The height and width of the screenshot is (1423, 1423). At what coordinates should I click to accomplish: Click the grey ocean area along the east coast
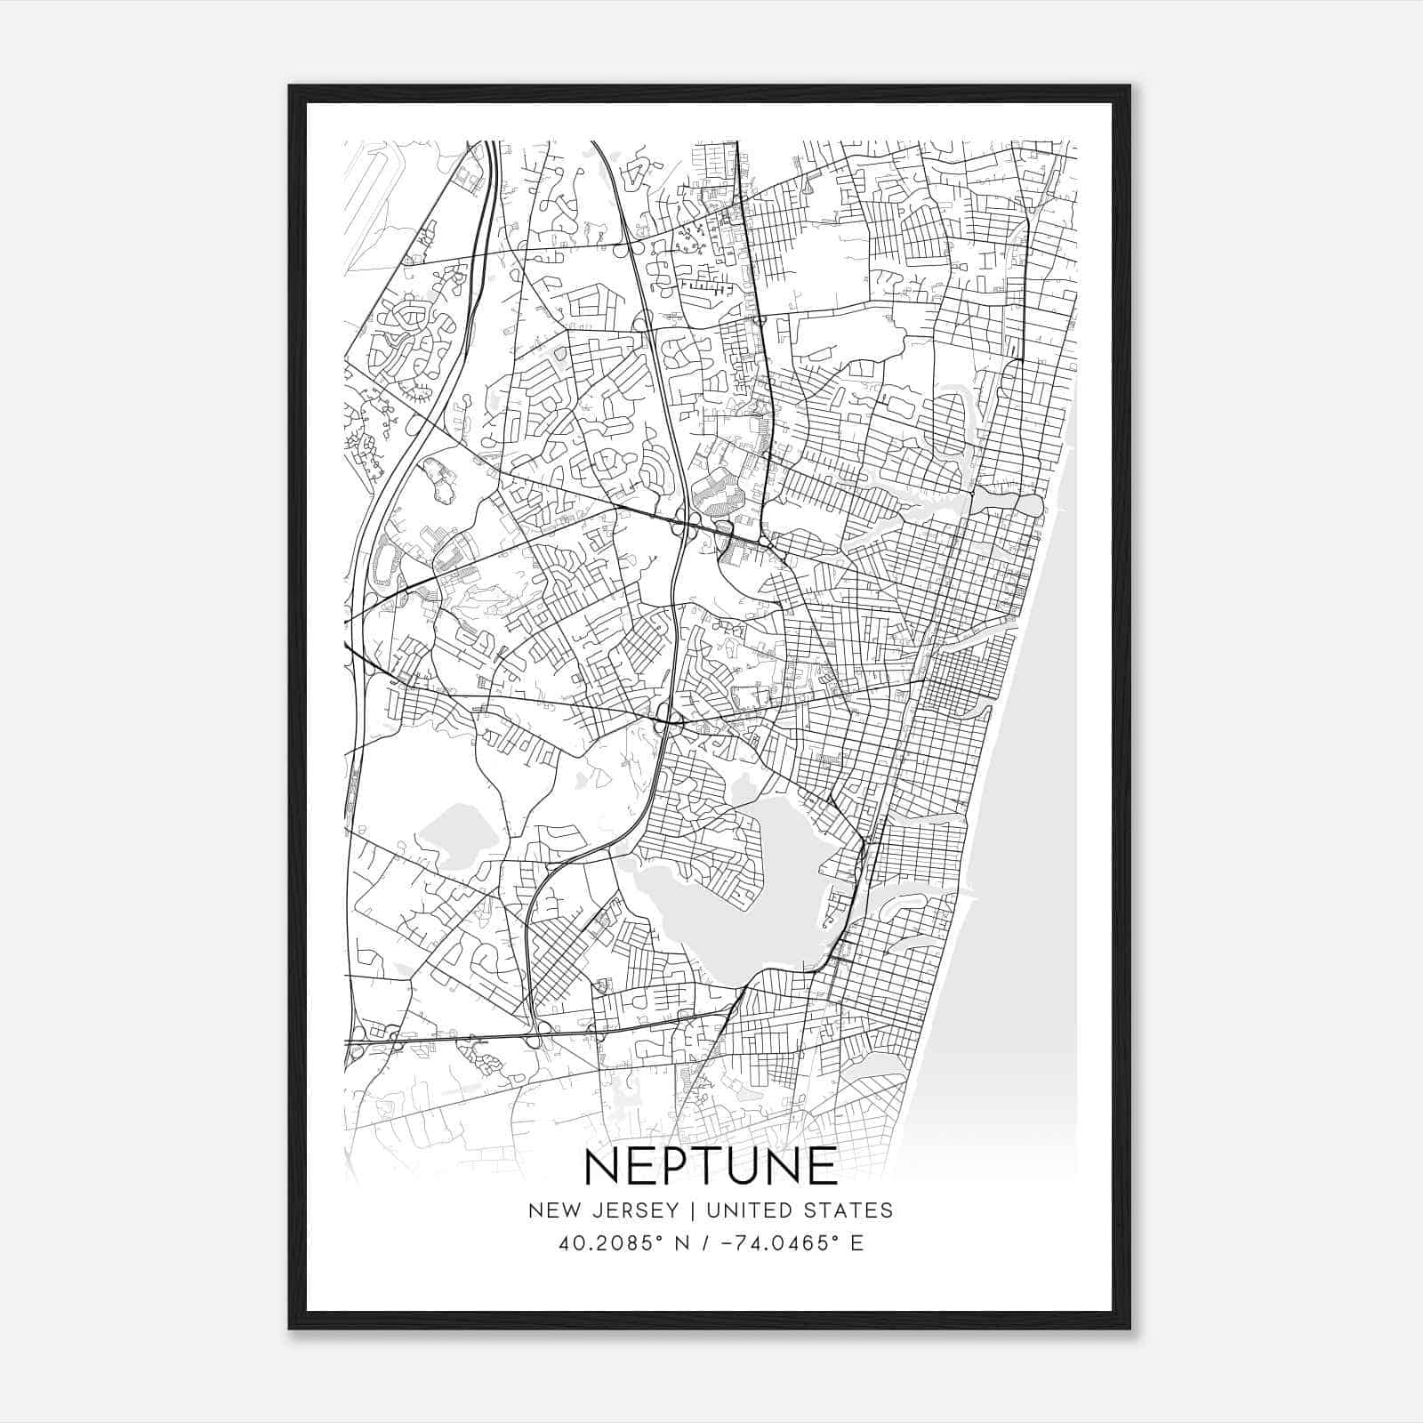tap(1023, 889)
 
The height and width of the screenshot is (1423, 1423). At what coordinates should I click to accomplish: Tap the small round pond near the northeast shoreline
tap(1030, 505)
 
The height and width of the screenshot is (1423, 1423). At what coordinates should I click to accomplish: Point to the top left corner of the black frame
tap(291, 87)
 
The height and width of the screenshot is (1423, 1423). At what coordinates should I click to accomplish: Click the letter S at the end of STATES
tap(886, 1210)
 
